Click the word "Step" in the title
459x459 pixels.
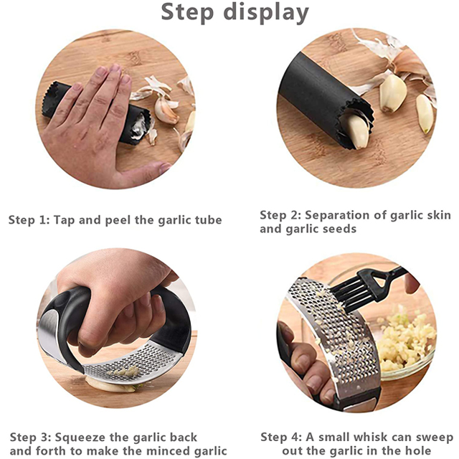click(x=187, y=12)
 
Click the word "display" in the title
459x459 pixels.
click(x=266, y=12)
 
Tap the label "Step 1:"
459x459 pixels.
click(x=29, y=220)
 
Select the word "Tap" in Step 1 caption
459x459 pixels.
click(x=65, y=220)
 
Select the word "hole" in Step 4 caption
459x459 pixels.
click(x=418, y=450)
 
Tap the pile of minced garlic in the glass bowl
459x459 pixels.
click(x=405, y=341)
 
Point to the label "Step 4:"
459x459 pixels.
click(x=281, y=437)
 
